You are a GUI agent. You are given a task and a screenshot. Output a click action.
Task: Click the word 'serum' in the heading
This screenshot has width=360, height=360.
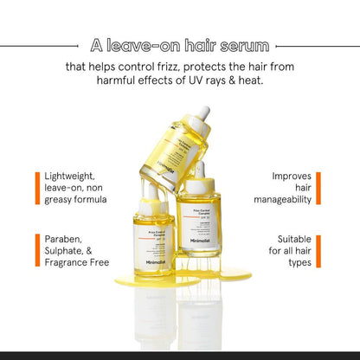click(243, 44)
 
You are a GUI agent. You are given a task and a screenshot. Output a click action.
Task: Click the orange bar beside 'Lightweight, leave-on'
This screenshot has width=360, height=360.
click(37, 188)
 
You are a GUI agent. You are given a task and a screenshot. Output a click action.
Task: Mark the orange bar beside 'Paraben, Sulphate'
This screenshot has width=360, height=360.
click(37, 250)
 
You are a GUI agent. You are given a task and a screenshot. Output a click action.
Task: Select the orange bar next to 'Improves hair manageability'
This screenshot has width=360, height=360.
click(318, 188)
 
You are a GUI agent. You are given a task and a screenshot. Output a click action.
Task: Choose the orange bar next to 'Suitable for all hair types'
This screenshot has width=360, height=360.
click(318, 250)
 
